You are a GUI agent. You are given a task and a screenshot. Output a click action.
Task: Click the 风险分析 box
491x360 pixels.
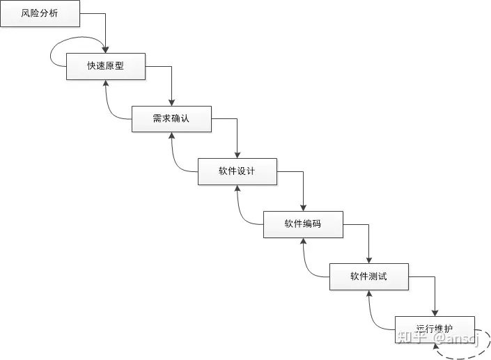click(40, 13)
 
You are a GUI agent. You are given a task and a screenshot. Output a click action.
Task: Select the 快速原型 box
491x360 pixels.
click(106, 66)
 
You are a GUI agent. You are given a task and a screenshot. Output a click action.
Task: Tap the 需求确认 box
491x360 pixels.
click(171, 118)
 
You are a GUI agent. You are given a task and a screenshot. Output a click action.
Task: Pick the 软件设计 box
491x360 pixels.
click(237, 171)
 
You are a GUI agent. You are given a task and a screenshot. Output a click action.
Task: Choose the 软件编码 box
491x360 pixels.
click(303, 224)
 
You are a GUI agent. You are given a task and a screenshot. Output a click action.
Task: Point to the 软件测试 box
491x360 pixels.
click(368, 276)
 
